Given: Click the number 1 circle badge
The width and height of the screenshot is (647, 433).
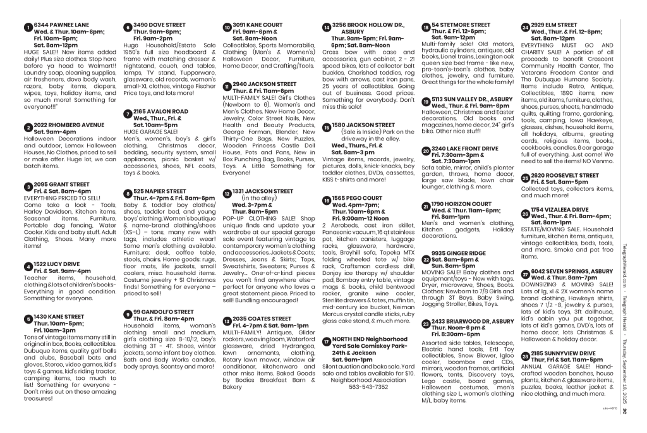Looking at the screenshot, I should (28, 28).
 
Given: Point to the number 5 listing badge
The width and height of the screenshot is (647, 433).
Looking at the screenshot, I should (28, 318).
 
